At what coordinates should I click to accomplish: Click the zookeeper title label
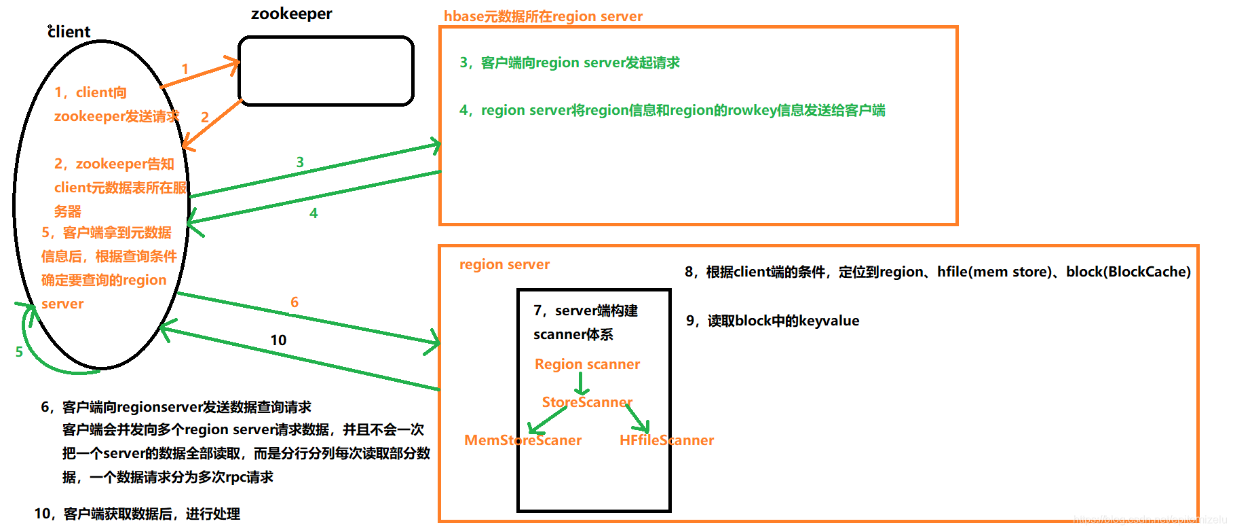[291, 14]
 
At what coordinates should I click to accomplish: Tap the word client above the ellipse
[69, 32]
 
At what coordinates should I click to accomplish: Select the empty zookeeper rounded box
[326, 71]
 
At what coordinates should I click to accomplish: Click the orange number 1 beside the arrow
[185, 69]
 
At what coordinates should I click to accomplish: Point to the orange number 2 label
[204, 117]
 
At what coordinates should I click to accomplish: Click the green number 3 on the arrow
[300, 162]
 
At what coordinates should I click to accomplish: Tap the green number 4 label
[314, 213]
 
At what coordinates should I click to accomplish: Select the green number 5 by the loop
[19, 352]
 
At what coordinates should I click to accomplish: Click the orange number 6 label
[295, 302]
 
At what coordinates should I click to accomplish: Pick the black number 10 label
[278, 340]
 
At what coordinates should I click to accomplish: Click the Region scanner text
[587, 364]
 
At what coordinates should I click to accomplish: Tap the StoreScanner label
[587, 402]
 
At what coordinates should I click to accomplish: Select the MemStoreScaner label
[523, 440]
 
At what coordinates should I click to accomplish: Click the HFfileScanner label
[666, 440]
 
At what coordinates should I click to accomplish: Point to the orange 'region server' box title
[504, 264]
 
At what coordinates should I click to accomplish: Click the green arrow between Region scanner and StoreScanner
[581, 384]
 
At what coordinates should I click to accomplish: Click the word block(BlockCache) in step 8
[1128, 272]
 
